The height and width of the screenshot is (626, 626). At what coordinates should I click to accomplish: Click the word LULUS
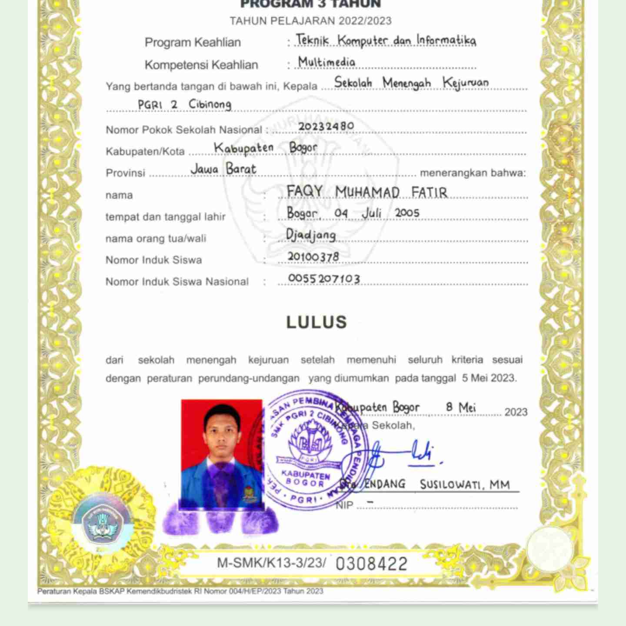[316, 322]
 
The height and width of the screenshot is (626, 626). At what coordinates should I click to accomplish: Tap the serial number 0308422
[371, 564]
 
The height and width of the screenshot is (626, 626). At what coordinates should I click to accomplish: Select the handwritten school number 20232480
[326, 126]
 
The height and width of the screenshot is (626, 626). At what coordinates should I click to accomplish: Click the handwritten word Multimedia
[326, 62]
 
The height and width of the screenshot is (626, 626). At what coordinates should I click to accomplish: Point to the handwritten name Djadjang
[311, 235]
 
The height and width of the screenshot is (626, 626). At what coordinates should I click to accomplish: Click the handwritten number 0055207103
[324, 279]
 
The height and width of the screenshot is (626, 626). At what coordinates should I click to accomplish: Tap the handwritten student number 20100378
[313, 257]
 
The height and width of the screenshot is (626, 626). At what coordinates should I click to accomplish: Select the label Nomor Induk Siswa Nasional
[177, 282]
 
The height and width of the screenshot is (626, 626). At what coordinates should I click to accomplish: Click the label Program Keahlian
[193, 43]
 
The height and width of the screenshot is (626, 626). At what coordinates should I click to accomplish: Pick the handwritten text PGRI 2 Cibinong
[184, 105]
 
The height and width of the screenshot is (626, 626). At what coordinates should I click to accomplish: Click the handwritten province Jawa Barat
[223, 169]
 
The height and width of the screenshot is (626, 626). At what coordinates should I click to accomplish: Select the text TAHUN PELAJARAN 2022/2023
[310, 21]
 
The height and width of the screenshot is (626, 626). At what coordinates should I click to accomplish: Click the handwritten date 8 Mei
[461, 408]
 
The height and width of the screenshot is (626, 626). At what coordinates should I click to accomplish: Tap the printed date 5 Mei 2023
[489, 378]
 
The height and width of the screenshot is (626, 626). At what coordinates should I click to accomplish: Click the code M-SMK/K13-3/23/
[271, 563]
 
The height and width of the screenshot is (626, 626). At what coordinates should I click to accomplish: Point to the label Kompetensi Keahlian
[201, 65]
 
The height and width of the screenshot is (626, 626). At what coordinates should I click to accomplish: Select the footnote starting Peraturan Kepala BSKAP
[180, 591]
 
